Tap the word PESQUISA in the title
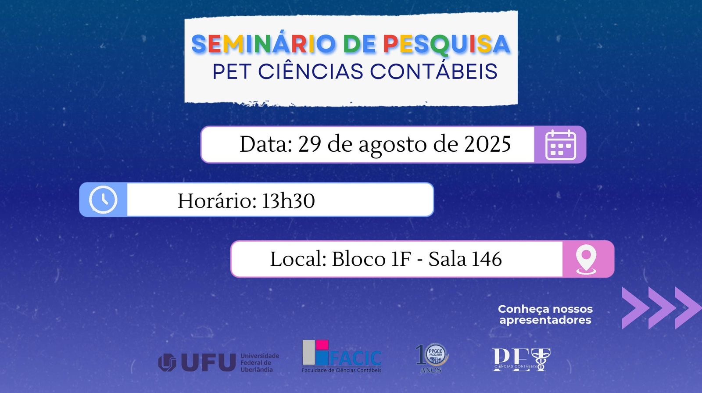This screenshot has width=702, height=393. [x=447, y=44]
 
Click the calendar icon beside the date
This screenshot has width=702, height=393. [x=561, y=145]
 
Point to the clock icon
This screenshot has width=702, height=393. [x=103, y=200]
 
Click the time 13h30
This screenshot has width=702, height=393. [x=288, y=200]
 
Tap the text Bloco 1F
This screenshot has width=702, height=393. [x=371, y=259]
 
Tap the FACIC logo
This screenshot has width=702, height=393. [x=342, y=356]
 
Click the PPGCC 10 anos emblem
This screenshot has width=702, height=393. [x=433, y=358]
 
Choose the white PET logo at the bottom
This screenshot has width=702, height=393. [x=521, y=360]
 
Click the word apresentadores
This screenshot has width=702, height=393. [x=545, y=320]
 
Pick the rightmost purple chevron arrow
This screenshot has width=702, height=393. [x=688, y=308]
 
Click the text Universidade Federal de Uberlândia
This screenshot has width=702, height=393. [x=260, y=363]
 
